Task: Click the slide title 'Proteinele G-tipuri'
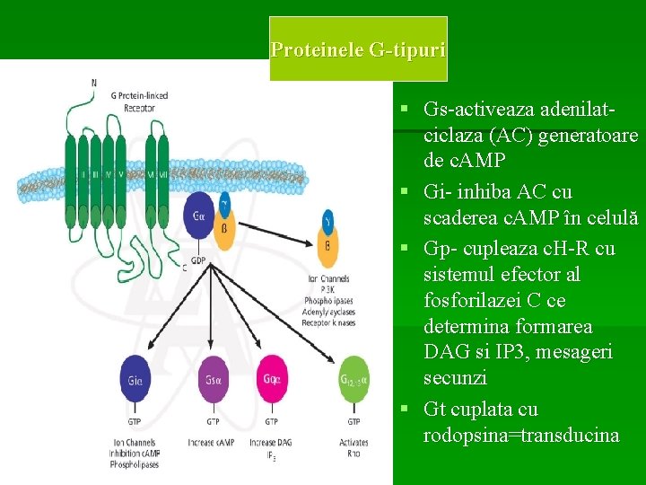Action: (357, 49)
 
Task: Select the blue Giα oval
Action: (134, 380)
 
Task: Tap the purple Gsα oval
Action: (213, 380)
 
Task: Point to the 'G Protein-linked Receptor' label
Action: (139, 101)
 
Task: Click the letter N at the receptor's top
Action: (93, 84)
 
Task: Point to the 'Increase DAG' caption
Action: (270, 443)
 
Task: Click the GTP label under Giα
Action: (134, 421)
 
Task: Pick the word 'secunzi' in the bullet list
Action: (454, 378)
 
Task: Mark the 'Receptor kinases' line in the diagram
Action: (328, 322)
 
